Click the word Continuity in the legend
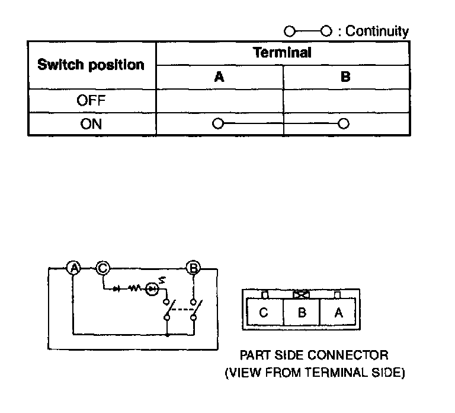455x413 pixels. (x=377, y=31)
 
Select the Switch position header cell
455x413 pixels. (x=91, y=65)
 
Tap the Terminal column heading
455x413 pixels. (x=282, y=52)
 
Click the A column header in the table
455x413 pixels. (x=219, y=77)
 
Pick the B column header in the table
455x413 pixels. (x=346, y=77)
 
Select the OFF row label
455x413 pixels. (x=91, y=100)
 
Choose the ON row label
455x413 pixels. (x=91, y=124)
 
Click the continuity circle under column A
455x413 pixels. (x=219, y=124)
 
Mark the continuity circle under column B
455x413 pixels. (x=343, y=124)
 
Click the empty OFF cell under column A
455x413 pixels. (x=219, y=100)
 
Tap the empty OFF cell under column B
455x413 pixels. (x=346, y=100)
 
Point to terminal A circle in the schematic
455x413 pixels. (x=73, y=268)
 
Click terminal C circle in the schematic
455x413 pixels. (x=102, y=268)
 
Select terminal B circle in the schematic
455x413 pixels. (x=193, y=268)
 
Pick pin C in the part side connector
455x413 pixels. (x=264, y=313)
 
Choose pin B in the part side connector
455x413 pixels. (x=302, y=313)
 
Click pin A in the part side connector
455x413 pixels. (x=338, y=313)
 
